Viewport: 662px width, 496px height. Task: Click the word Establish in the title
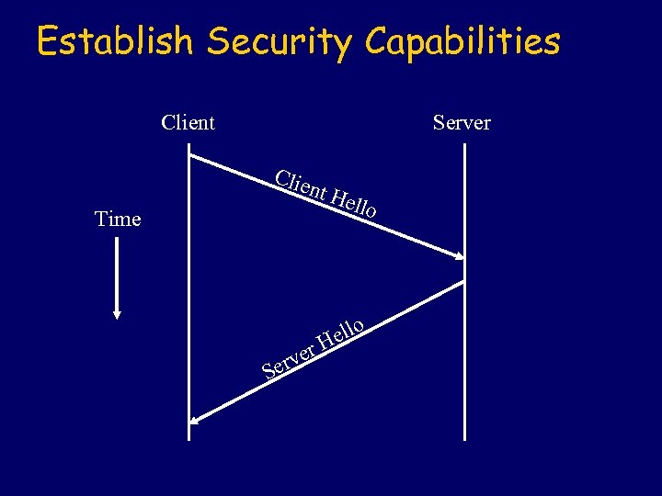click(115, 41)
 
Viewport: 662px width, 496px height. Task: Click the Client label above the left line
click(188, 122)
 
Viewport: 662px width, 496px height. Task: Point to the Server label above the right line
click(462, 122)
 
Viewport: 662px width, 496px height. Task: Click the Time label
click(118, 219)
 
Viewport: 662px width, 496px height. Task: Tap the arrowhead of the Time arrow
click(117, 311)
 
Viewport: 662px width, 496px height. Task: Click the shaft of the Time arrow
click(117, 271)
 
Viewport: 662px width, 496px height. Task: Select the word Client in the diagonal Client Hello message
click(302, 185)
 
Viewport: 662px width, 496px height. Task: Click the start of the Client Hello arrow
click(190, 156)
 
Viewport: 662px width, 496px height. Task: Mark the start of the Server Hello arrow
click(463, 281)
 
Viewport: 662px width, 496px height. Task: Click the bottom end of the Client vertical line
click(188, 439)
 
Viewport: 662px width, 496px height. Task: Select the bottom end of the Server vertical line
click(465, 439)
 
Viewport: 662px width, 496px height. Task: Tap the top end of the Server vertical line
click(465, 145)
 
